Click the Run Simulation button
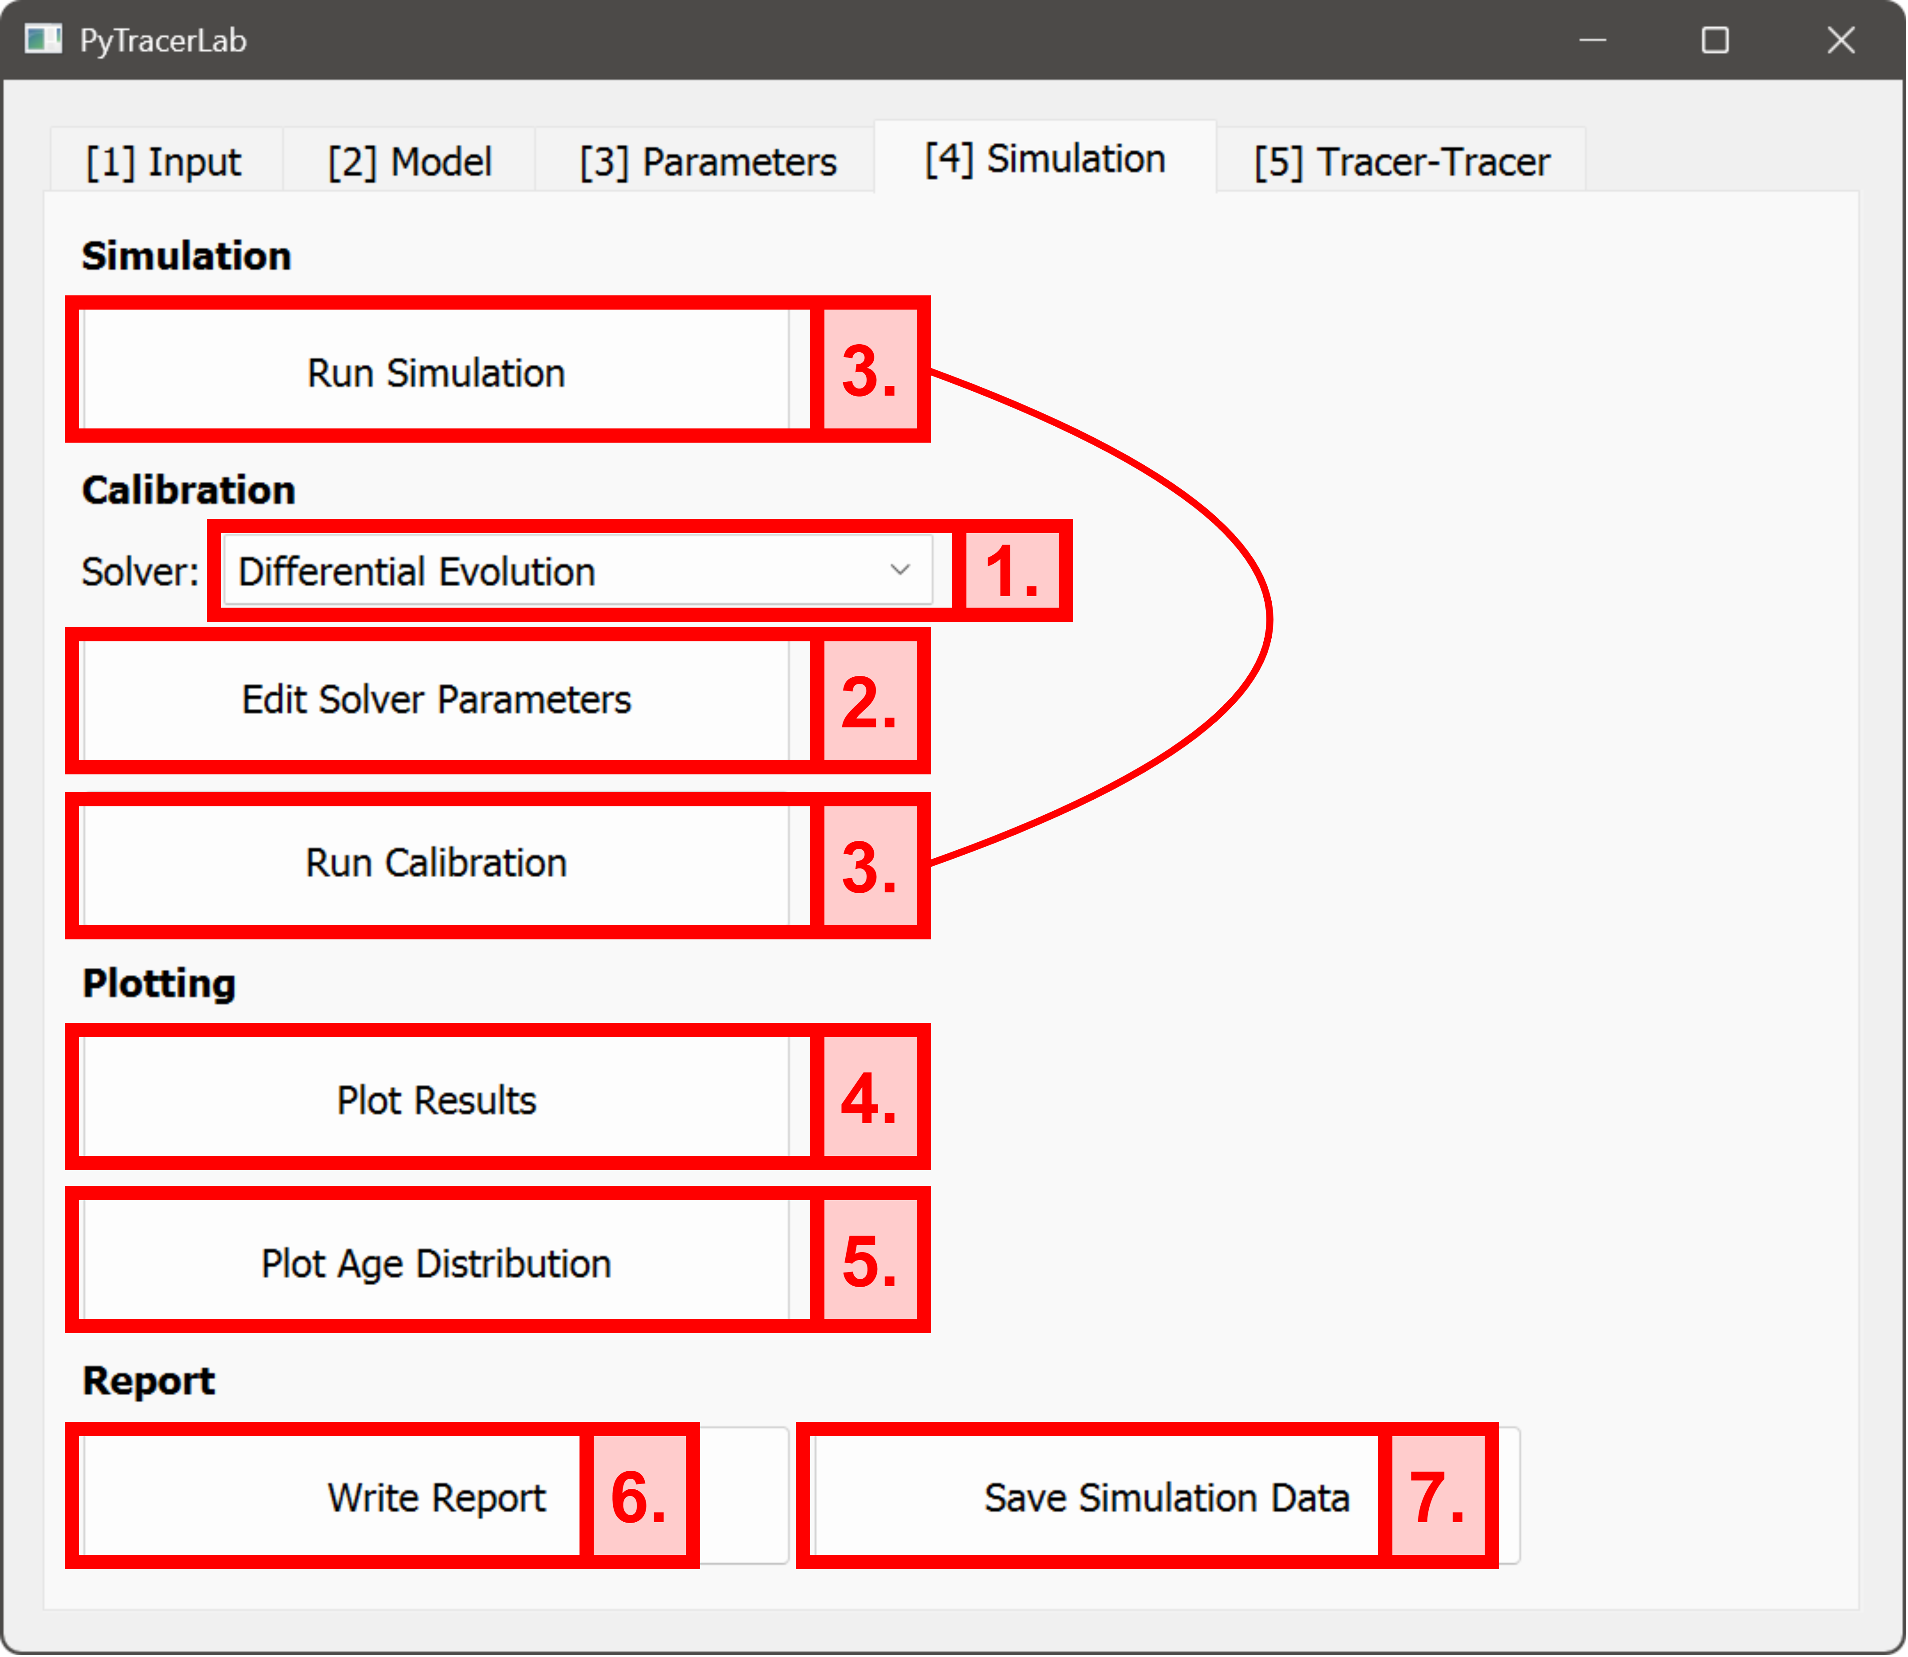[x=436, y=373]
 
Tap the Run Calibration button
[x=436, y=863]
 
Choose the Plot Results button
[x=436, y=1100]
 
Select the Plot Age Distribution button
[x=436, y=1263]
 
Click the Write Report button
[x=436, y=1497]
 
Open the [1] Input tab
[x=164, y=162]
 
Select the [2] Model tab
[x=410, y=162]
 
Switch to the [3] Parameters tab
[x=708, y=162]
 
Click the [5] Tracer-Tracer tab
[x=1401, y=162]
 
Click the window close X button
[x=1841, y=40]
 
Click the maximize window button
[x=1715, y=40]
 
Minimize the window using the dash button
[x=1592, y=40]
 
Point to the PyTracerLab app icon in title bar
[x=43, y=40]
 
